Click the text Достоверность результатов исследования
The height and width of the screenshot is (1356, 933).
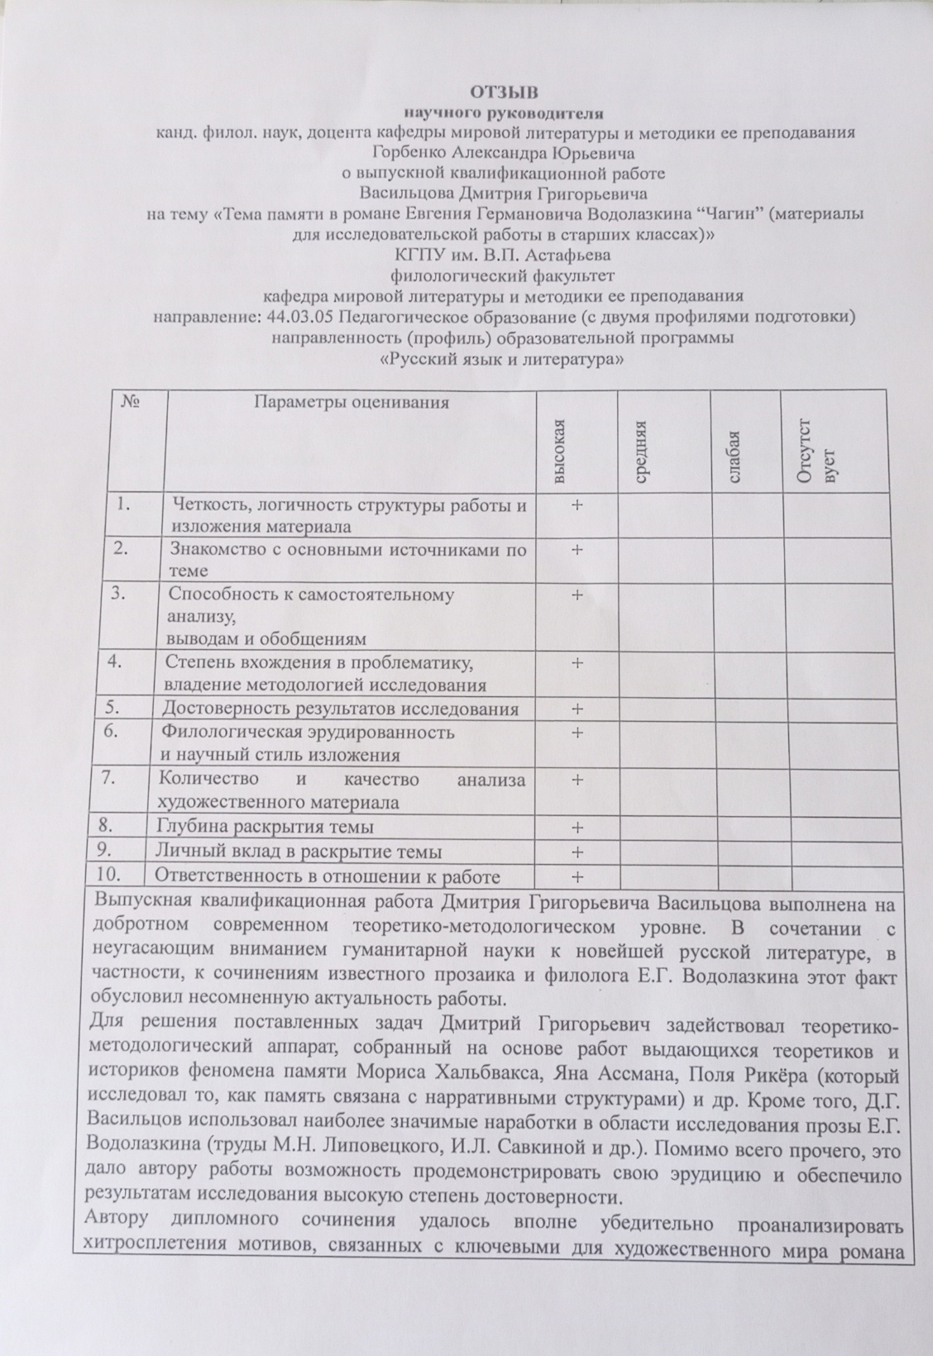point(340,709)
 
